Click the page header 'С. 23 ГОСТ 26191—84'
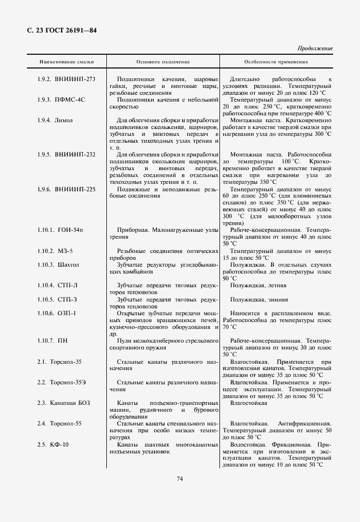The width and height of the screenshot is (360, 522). pos(62,30)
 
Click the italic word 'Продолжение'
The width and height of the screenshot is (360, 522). pos(315,49)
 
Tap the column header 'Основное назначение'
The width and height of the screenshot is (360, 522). pos(163,61)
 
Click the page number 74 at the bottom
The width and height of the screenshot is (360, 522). pos(179,478)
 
